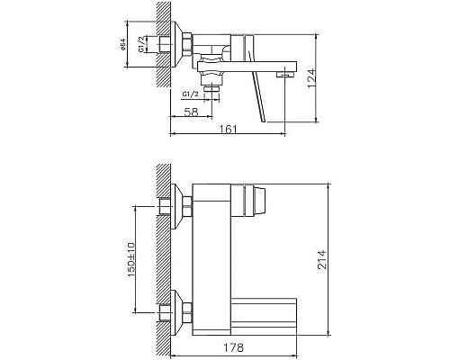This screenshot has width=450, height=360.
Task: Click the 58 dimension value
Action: click(190, 111)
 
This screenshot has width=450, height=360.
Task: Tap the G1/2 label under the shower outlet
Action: click(191, 93)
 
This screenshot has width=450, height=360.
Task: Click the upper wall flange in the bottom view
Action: click(186, 206)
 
